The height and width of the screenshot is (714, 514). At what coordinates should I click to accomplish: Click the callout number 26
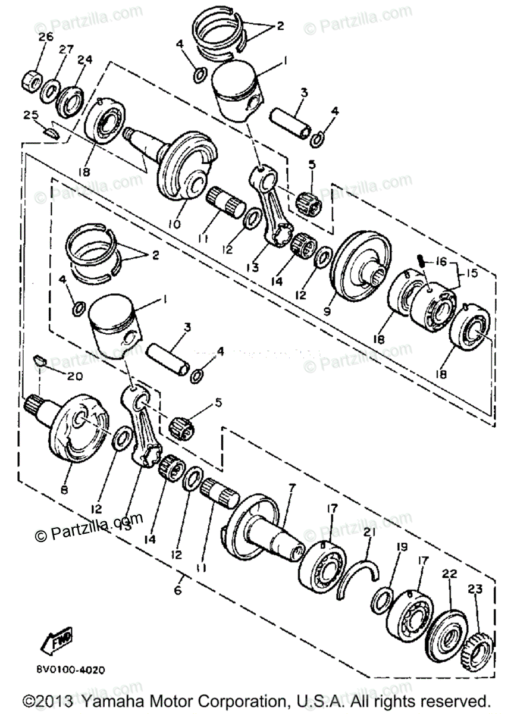coord(46,37)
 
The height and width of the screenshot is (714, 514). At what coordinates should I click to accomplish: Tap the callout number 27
coord(65,49)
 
